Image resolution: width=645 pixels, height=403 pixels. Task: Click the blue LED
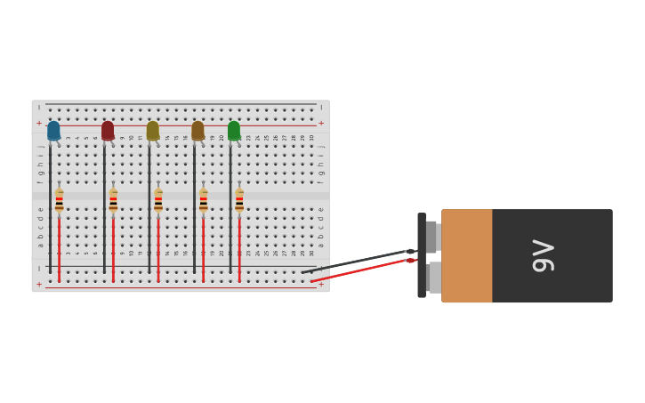tap(53, 131)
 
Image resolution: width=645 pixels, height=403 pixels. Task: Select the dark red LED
tap(108, 131)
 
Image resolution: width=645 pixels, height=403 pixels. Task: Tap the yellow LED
tap(153, 131)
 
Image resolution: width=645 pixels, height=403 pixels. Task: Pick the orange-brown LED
tap(198, 131)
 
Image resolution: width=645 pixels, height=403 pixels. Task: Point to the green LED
tap(234, 131)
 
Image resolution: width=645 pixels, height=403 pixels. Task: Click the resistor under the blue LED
tap(60, 201)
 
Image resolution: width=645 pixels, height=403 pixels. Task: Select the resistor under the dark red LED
tap(113, 201)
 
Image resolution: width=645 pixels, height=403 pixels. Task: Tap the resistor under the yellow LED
tap(158, 201)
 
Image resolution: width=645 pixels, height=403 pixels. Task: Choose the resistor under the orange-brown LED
tap(203, 201)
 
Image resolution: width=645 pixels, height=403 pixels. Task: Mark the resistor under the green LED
tap(239, 201)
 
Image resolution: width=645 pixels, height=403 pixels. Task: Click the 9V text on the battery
tap(543, 256)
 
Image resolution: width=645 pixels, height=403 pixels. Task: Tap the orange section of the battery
tap(467, 256)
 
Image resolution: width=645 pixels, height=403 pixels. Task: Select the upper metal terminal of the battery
tap(432, 237)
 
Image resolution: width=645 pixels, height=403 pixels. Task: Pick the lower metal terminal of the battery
tap(433, 278)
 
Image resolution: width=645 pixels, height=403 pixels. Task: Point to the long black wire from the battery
tap(356, 262)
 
